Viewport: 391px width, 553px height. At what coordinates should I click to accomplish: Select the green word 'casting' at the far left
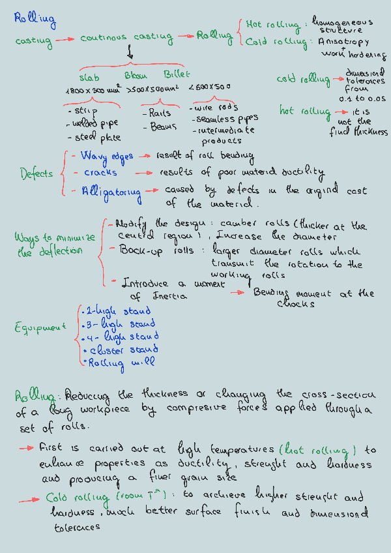click(33, 41)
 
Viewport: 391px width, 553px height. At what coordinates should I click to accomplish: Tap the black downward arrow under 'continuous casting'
click(130, 53)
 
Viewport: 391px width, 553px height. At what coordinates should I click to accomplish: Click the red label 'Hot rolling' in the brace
click(272, 25)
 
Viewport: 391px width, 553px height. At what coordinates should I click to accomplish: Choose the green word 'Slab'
click(89, 76)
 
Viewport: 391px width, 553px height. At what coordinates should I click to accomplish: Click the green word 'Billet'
click(177, 74)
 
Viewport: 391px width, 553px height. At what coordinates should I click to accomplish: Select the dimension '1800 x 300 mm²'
click(93, 90)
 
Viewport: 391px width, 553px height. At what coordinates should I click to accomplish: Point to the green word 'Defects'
click(36, 174)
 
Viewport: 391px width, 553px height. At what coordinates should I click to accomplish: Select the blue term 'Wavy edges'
click(107, 157)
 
